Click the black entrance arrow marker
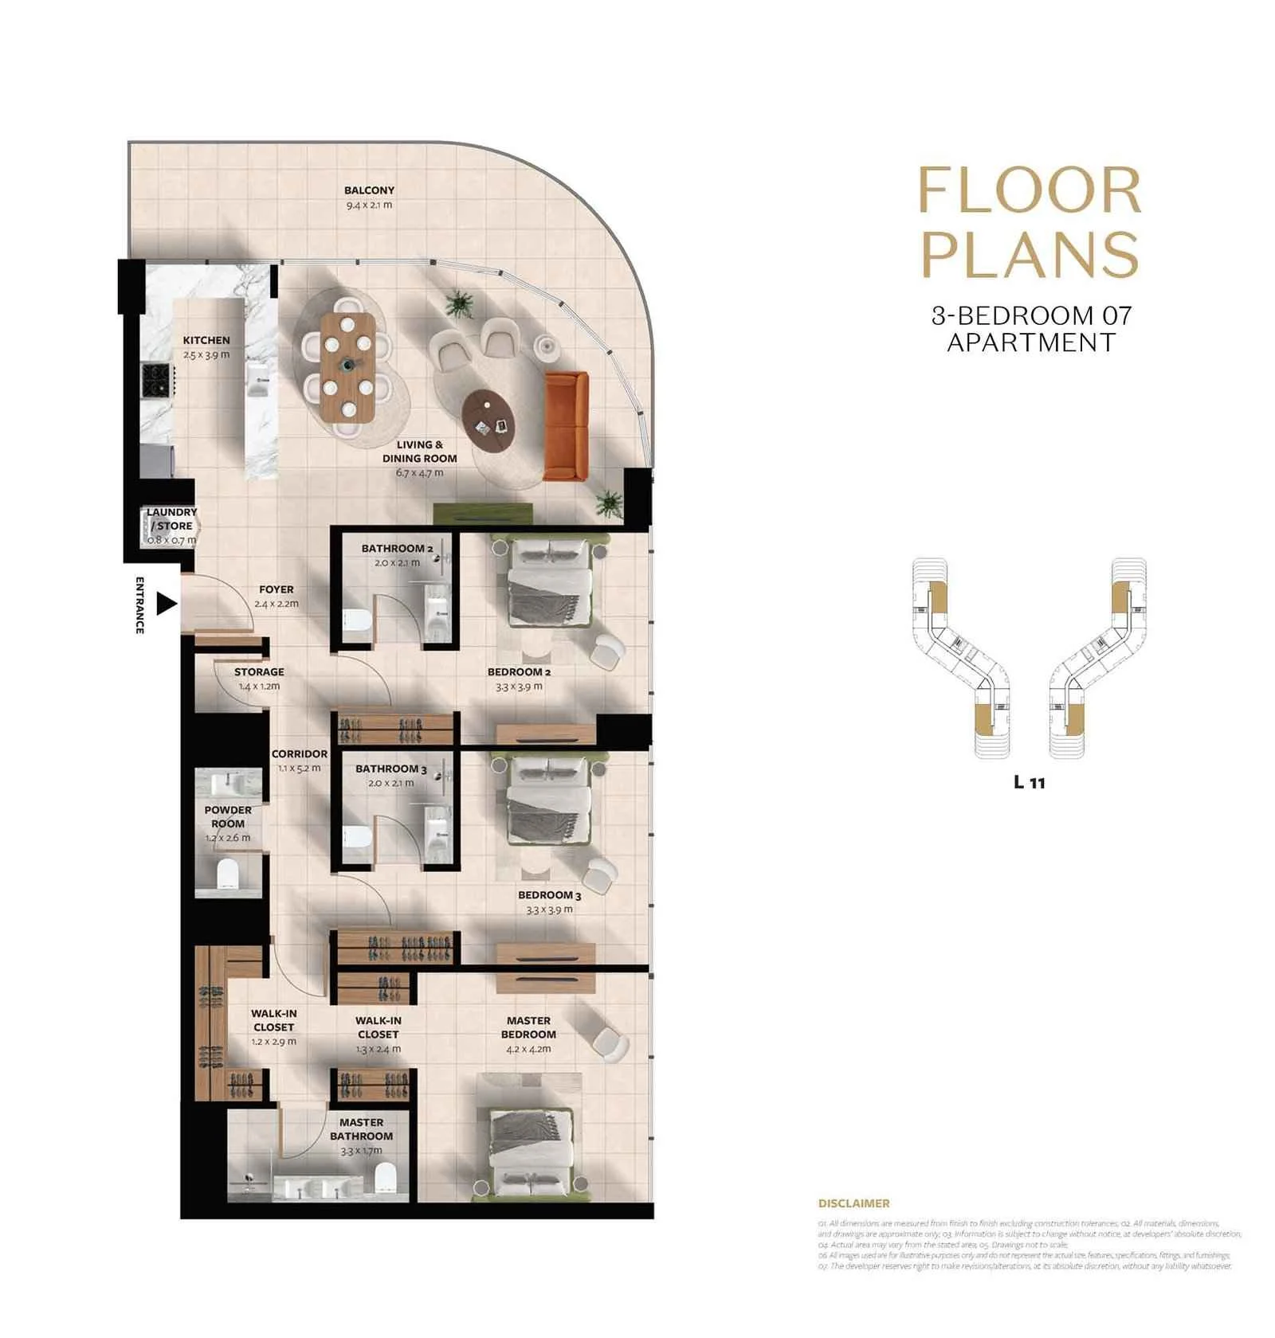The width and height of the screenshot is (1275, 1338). (165, 604)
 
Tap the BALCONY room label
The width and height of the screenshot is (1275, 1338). (369, 190)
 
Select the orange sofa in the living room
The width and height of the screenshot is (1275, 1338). (566, 426)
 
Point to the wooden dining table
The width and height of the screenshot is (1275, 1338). (347, 367)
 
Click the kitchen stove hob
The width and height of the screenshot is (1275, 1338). (157, 380)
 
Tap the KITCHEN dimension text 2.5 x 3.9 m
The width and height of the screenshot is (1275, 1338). (206, 354)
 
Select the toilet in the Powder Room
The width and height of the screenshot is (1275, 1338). (228, 874)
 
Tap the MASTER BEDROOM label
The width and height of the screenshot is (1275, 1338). (528, 1027)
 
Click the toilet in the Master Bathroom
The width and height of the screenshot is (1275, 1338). (386, 1176)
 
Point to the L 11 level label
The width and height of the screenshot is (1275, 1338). (1029, 782)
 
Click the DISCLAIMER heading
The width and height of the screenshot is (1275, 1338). (853, 1203)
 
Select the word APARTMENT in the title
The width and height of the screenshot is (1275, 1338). (1030, 342)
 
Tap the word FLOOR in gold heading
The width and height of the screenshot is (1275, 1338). (1030, 191)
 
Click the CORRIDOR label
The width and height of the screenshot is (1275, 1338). (299, 753)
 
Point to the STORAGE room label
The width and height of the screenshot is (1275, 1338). (259, 671)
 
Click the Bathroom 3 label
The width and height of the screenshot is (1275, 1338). (390, 769)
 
